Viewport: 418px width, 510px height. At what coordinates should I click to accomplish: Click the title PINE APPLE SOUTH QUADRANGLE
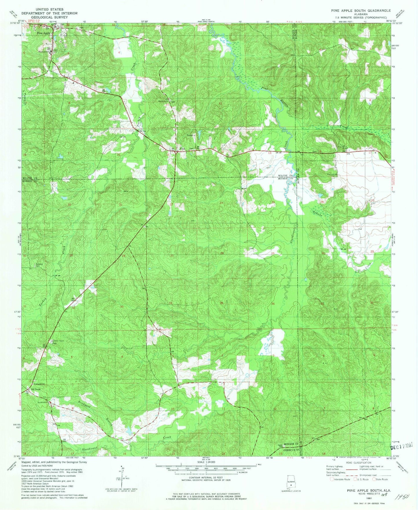(x=361, y=10)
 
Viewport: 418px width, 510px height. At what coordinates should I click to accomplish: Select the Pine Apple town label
(x=44, y=33)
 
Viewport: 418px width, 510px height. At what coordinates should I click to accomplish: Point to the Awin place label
(x=182, y=149)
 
